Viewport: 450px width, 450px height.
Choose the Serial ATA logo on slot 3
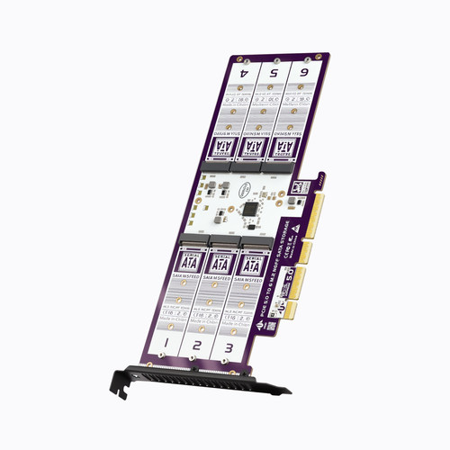pos(250,265)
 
